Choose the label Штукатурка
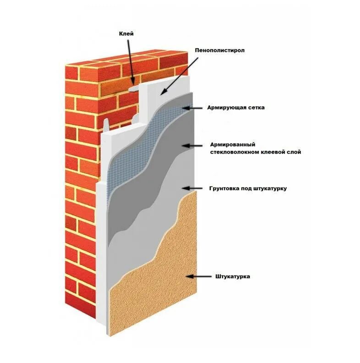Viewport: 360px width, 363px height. [232, 276]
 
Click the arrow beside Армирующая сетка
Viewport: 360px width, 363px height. [192, 108]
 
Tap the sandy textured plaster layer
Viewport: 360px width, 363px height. [156, 284]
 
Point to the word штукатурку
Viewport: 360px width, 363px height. [270, 188]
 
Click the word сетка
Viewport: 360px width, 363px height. [256, 108]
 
